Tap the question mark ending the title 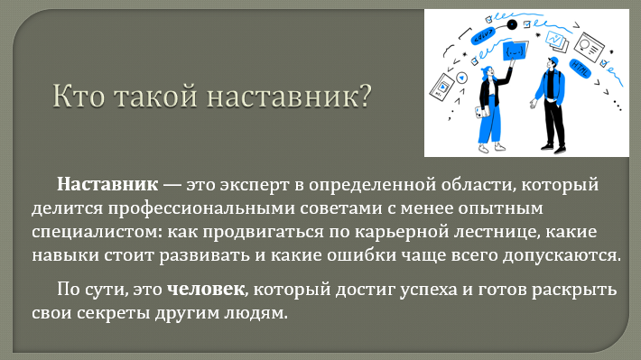click(365, 96)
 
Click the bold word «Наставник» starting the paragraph click(107, 184)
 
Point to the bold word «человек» click(206, 290)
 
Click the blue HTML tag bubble click(581, 69)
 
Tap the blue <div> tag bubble click(483, 35)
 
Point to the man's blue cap click(553, 60)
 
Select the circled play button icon click(462, 78)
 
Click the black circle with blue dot click(512, 25)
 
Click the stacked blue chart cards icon click(557, 41)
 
